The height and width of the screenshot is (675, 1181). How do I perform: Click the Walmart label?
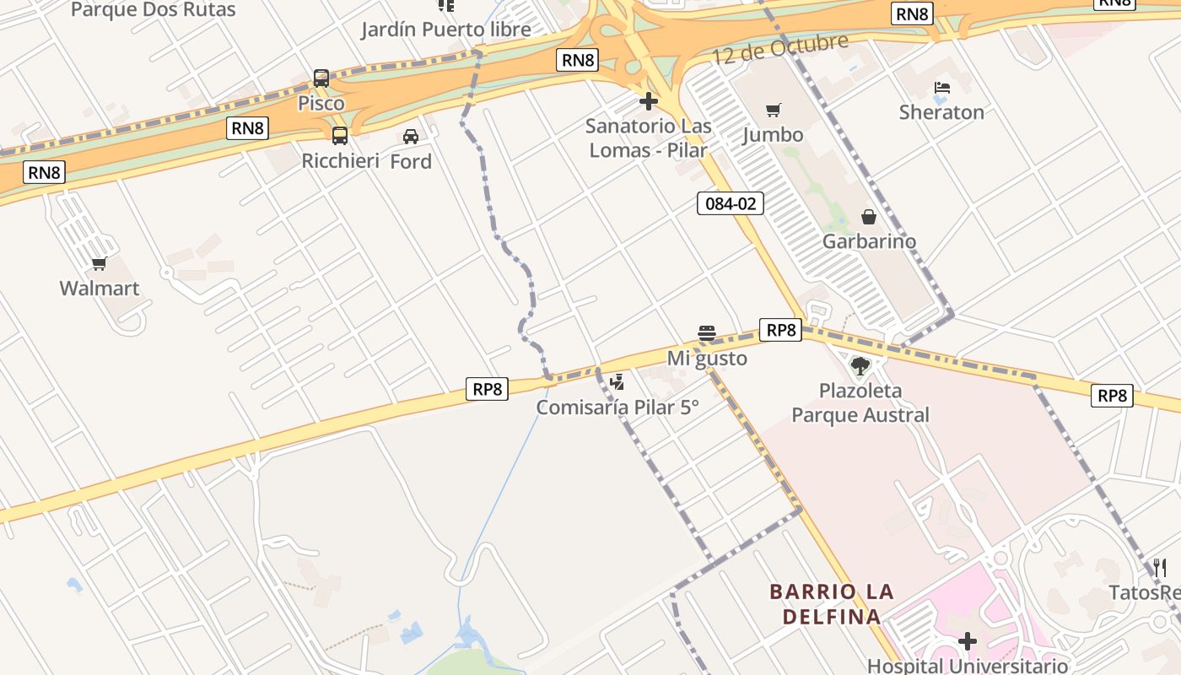pos(100,289)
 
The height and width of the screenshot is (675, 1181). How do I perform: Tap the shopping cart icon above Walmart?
pos(100,264)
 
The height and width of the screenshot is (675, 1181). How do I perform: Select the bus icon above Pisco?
pos(321,78)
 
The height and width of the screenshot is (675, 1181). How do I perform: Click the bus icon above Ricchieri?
pos(340,136)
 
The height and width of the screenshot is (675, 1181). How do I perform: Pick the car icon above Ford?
pos(411,137)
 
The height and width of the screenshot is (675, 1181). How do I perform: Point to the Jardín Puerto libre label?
pos(446,30)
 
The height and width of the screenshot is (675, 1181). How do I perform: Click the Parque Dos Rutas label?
pos(154,10)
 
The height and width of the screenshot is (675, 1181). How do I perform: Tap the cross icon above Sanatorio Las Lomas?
pos(649,102)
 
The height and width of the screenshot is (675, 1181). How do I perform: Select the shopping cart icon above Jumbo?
pos(774,110)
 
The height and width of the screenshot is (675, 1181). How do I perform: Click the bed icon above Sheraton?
pos(942,88)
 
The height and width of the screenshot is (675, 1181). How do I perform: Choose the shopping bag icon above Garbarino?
pos(869,217)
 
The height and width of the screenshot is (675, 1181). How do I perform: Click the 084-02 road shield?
pos(731,203)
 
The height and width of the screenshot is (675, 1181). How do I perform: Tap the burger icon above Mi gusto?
pos(707,333)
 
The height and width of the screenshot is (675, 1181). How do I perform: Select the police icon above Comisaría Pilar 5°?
pos(617,382)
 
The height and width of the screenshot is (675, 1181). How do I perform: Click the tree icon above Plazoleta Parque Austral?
pos(860,366)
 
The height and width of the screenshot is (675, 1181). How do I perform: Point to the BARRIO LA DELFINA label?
pos(832,604)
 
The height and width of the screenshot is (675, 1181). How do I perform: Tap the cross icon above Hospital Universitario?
pos(968,642)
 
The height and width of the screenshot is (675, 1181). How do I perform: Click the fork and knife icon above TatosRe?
pos(1160,567)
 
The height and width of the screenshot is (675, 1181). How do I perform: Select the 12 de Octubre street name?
pos(779,49)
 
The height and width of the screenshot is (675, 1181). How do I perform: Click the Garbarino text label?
pos(869,241)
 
